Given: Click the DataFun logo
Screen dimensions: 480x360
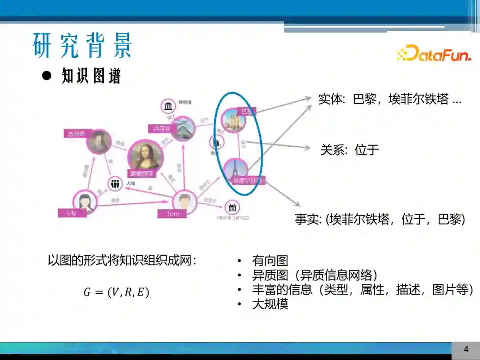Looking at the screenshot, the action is pyautogui.click(x=433, y=53).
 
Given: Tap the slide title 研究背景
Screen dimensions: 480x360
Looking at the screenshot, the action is pyautogui.click(x=83, y=45).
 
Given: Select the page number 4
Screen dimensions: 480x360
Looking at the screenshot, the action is pyautogui.click(x=466, y=349).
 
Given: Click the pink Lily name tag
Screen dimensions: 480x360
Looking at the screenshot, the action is pyautogui.click(x=72, y=213).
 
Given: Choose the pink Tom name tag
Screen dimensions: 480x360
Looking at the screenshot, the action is pyautogui.click(x=172, y=214).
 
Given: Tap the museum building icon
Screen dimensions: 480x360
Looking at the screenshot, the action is pyautogui.click(x=168, y=106).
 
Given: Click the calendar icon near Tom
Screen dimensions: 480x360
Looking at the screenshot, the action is pyautogui.click(x=232, y=207).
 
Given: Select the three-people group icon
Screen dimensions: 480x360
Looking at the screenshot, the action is pyautogui.click(x=115, y=183).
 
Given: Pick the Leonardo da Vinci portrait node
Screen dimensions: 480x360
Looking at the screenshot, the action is pyautogui.click(x=98, y=141).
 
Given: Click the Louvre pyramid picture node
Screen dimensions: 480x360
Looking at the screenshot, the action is pyautogui.click(x=183, y=128).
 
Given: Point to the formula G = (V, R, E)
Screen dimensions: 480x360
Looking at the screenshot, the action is pyautogui.click(x=116, y=292).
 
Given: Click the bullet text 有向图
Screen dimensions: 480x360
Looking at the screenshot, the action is pyautogui.click(x=270, y=261).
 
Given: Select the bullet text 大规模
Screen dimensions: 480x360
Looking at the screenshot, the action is pyautogui.click(x=270, y=304).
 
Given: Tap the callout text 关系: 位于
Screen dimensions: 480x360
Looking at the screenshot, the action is pyautogui.click(x=350, y=150).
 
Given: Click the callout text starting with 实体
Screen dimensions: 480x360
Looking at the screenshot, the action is pyautogui.click(x=390, y=99).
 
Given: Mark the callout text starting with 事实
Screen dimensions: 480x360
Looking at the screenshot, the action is pyautogui.click(x=380, y=219).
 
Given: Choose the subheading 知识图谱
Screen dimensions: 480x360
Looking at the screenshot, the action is pyautogui.click(x=91, y=76).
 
